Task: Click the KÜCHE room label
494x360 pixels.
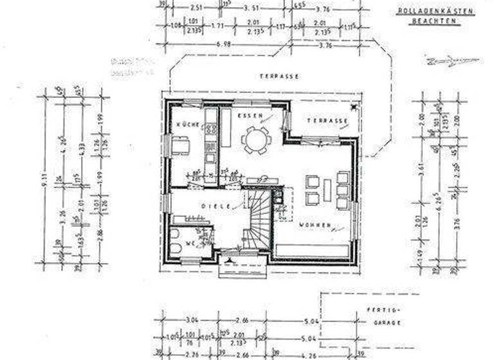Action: [x=179, y=123]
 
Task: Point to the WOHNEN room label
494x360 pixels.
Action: [x=314, y=226]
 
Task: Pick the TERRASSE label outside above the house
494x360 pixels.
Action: [x=279, y=76]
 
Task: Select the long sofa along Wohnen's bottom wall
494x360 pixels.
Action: [x=313, y=251]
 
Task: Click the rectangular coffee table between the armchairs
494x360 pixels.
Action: [x=327, y=190]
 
